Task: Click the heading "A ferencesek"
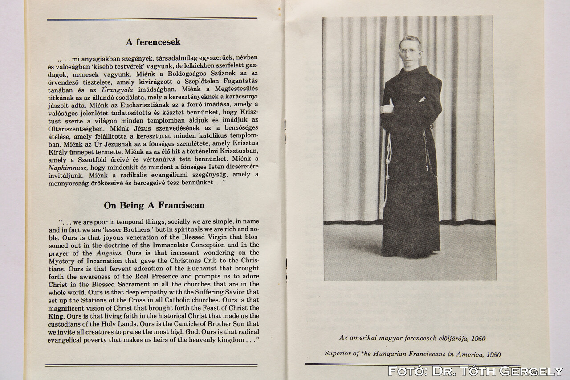(153, 42)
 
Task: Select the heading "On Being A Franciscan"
(154, 205)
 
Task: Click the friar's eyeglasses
(409, 51)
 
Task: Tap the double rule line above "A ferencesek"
(152, 19)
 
